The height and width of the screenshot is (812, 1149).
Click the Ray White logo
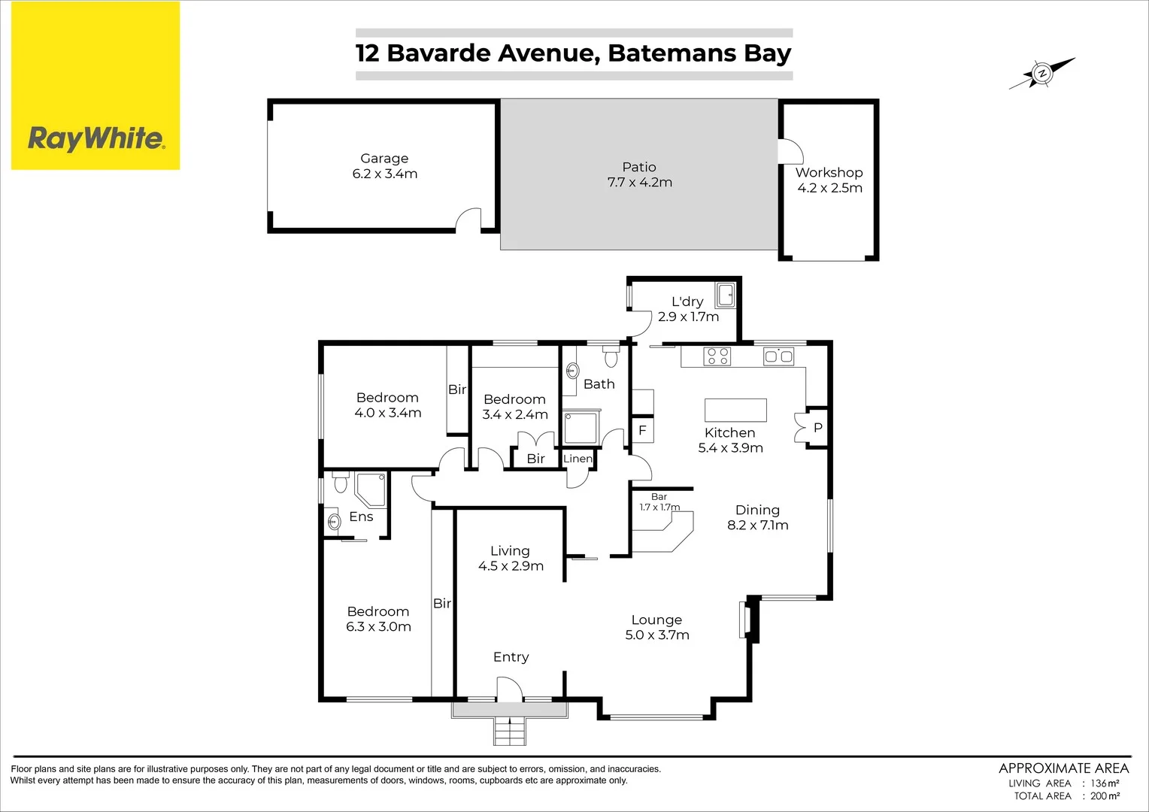pos(95,138)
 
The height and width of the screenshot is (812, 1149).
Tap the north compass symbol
pos(1042,74)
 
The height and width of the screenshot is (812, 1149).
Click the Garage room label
pos(384,159)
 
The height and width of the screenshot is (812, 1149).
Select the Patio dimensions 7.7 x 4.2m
pos(639,183)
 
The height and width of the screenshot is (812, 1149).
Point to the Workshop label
pos(829,173)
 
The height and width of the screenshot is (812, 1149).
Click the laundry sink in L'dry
pos(725,295)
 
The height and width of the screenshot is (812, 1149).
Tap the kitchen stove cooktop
pos(717,356)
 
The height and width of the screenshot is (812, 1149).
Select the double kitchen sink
pos(778,356)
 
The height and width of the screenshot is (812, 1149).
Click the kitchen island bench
pos(735,411)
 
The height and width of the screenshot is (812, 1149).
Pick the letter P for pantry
pos(818,428)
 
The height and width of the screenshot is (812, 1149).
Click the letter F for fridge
pos(642,430)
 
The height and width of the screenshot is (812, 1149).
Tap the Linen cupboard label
pos(578,459)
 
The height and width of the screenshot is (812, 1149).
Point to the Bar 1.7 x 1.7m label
pos(659,502)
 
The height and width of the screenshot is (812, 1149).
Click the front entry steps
pos(510,731)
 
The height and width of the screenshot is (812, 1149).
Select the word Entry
pos(511,657)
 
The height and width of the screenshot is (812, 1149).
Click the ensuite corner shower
pos(371,489)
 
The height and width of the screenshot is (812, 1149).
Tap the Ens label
pos(361,517)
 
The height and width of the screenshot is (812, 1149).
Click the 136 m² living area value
pos(1105,783)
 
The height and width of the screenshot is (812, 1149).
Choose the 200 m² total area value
pos(1105,796)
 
